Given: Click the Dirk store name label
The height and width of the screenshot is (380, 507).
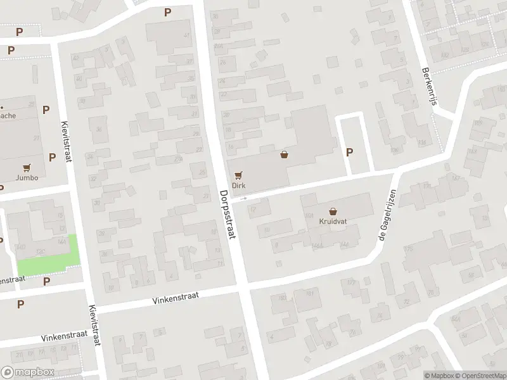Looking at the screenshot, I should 238,186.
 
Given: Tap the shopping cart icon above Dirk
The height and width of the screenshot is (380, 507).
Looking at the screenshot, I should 238,174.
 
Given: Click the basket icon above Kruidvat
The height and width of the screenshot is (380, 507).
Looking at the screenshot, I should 333,212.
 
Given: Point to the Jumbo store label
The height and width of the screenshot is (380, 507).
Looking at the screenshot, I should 27,178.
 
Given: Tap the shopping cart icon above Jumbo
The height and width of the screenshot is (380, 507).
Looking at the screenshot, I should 27,168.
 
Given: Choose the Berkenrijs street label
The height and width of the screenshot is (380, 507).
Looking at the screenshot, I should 429,89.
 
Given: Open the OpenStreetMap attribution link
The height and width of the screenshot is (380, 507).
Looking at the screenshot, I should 480,375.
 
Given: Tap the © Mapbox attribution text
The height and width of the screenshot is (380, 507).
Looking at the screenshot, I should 440,375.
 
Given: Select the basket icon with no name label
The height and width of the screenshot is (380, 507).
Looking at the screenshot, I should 285,154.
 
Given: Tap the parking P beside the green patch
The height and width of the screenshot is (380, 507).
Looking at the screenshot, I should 46,281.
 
